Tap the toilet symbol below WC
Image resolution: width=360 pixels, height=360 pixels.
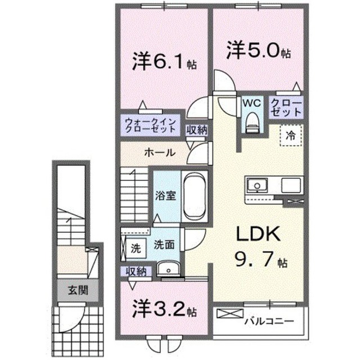[x=251, y=119]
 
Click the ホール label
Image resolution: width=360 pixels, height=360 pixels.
[x=159, y=152]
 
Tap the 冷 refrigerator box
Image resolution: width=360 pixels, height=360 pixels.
[x=291, y=135]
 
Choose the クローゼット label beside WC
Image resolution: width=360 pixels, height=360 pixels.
[x=286, y=107]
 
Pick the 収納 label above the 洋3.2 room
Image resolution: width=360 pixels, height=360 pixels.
[x=136, y=271]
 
